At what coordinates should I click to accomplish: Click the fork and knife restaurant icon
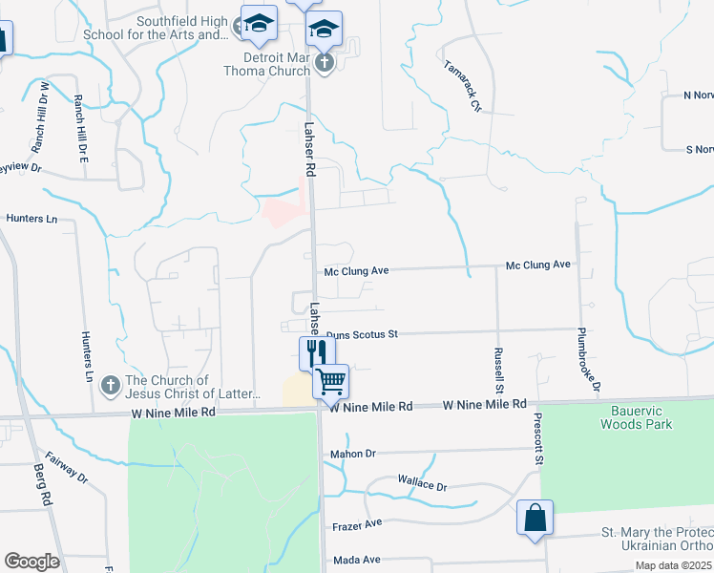pos(311,351)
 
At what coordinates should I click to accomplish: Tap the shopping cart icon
pos(331,381)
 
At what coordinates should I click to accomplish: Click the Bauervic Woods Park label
pos(636,417)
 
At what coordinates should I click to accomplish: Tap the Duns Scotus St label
pos(361,335)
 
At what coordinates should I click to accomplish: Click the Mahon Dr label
pos(352,454)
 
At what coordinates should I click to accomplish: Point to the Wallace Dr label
pos(422,485)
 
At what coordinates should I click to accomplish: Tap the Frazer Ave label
pos(356,524)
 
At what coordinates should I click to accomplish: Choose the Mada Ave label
pos(355,560)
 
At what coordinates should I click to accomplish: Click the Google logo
pos(31,562)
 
